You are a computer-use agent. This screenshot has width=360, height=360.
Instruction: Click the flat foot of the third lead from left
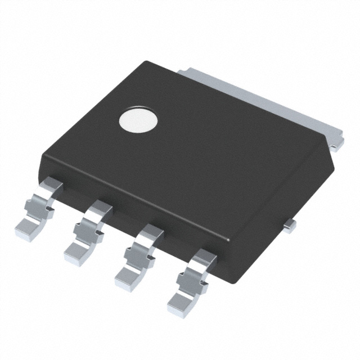tap(130, 277)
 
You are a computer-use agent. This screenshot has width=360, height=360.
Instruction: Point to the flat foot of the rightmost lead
tap(181, 304)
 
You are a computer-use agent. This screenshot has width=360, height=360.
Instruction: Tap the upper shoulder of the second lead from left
tap(101, 207)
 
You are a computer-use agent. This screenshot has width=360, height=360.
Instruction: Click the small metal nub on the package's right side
tap(290, 225)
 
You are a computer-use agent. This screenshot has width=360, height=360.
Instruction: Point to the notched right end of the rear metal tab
tap(336, 143)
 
